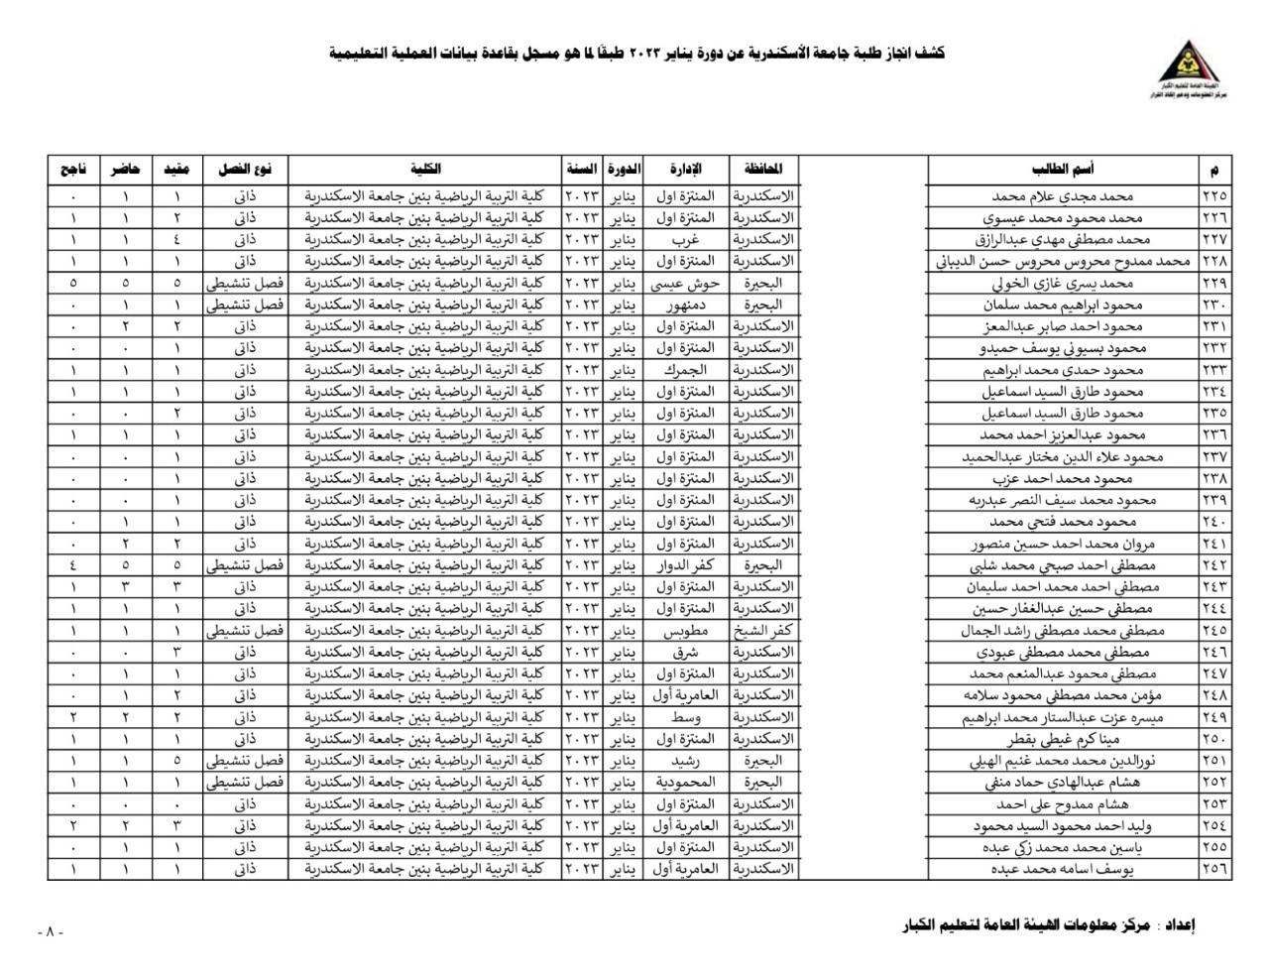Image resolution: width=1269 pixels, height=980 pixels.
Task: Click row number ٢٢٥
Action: [1212, 196]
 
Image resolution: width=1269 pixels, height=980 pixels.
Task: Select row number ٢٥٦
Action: [1212, 869]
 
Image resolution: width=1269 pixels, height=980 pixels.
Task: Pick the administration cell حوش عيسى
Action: [683, 283]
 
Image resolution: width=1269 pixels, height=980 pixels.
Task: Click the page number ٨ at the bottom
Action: [48, 932]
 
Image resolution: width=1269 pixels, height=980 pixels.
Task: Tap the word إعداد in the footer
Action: [1178, 926]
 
